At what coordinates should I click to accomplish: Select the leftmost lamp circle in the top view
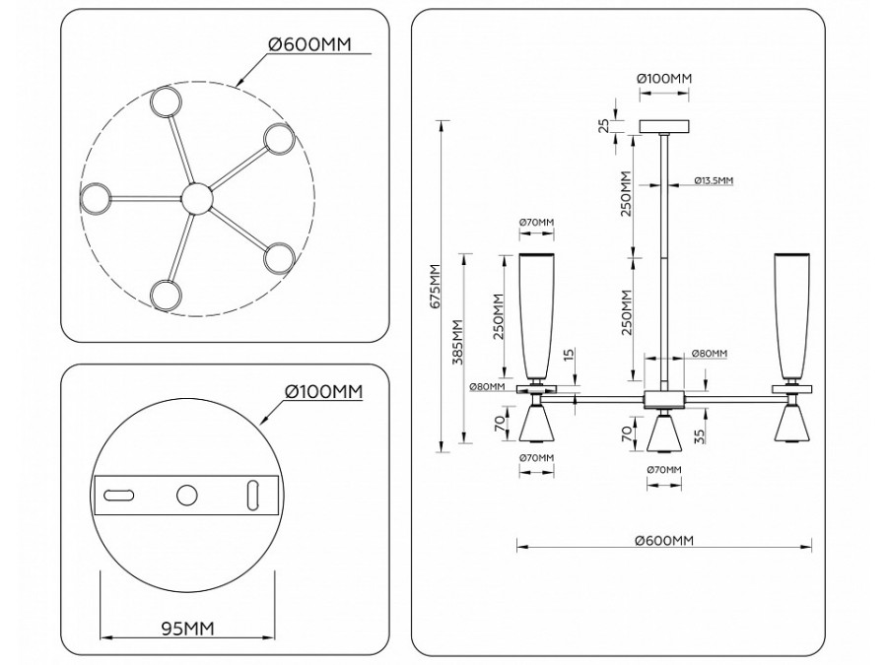pos(96,198)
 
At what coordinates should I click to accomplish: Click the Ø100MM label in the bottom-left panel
pos(324,391)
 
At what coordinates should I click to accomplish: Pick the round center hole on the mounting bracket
pos(185,497)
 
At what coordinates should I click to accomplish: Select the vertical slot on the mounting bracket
pos(251,495)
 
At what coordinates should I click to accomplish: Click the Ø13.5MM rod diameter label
pos(713,181)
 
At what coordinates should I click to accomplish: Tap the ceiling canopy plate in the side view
pos(666,126)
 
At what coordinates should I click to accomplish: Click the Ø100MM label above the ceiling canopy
pos(664,78)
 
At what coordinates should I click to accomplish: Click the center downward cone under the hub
pos(665,431)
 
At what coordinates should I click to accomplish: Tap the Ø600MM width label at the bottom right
pos(664,541)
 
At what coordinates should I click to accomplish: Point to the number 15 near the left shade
pos(569,355)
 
